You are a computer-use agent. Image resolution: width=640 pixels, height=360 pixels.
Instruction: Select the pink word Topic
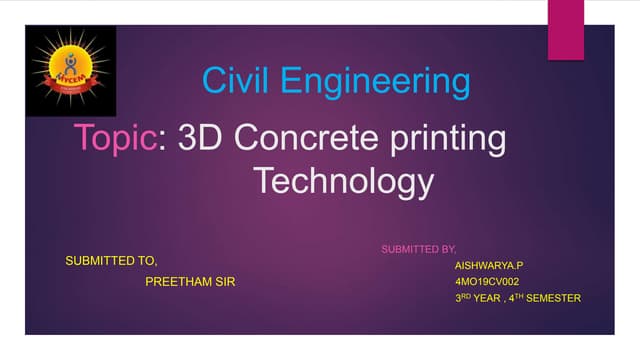(115, 138)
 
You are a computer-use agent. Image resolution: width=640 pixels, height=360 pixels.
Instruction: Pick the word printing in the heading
(446, 140)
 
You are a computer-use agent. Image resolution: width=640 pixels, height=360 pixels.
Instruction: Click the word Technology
(343, 182)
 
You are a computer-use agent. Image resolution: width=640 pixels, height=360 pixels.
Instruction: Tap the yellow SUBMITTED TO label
(111, 260)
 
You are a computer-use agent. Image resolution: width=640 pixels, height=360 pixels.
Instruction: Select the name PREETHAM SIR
(191, 282)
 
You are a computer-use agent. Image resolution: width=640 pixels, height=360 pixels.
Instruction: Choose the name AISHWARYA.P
(489, 265)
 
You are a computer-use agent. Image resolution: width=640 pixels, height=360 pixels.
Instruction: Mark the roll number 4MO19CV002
(488, 282)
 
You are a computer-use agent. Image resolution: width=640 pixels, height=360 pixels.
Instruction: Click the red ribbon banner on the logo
(66, 77)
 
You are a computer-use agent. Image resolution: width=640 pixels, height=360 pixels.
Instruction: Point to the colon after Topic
(162, 140)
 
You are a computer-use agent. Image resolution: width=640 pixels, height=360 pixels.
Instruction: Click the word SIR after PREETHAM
(226, 282)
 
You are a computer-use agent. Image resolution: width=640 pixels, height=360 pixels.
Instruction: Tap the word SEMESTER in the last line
(557, 298)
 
